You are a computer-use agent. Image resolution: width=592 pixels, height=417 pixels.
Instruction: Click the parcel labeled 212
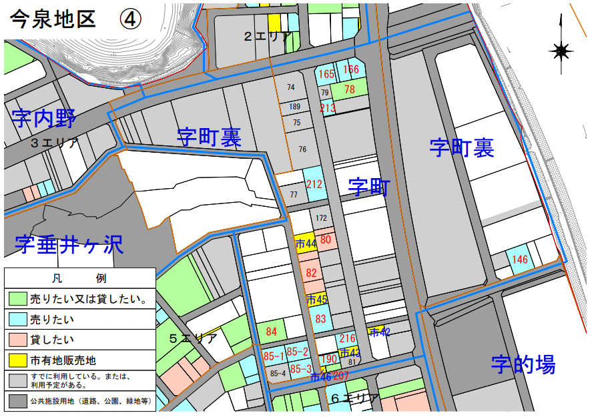[314, 184]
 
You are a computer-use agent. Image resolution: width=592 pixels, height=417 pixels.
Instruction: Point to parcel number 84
[271, 331]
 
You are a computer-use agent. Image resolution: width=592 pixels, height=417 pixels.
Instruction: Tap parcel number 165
[326, 73]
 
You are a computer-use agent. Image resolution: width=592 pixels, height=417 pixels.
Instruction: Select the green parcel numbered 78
[350, 89]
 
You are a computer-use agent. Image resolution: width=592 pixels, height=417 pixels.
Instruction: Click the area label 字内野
[44, 119]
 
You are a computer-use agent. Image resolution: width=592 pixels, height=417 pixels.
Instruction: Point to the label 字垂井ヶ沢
[69, 244]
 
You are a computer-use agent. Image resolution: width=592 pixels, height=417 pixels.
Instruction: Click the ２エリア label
[266, 37]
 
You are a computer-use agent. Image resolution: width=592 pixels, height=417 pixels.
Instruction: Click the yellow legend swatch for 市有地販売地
[17, 361]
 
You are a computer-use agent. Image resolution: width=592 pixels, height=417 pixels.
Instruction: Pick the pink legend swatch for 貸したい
[17, 340]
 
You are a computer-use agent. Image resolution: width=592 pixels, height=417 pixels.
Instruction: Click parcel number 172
[322, 218]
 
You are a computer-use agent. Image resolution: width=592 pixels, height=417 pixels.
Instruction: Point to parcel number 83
[320, 319]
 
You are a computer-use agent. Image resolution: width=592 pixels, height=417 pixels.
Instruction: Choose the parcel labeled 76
[302, 149]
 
